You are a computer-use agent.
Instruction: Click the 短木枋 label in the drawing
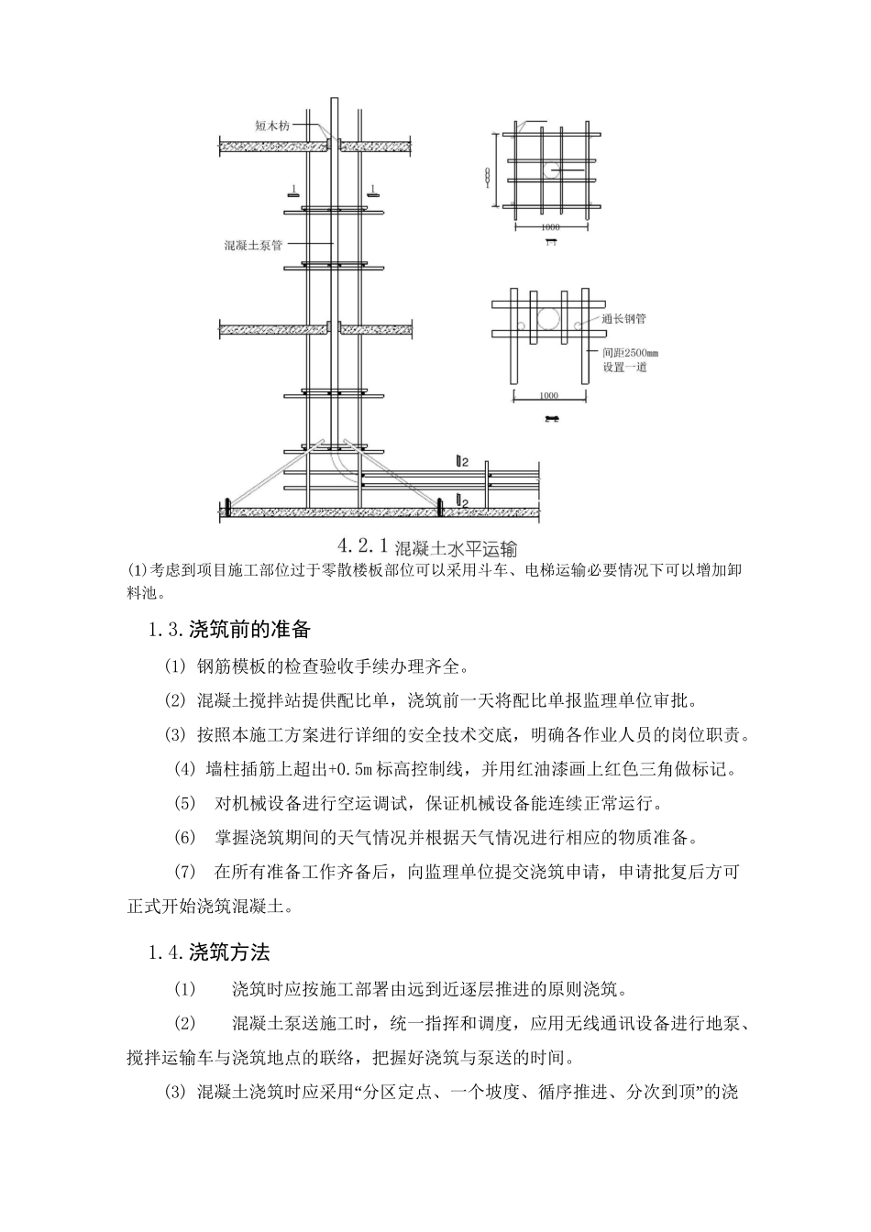click(271, 126)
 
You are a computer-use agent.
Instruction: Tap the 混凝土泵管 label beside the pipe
click(252, 246)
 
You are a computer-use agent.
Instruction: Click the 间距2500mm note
click(630, 352)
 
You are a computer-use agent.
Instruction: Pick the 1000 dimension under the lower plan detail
click(548, 396)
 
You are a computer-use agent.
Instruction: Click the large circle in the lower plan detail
click(553, 320)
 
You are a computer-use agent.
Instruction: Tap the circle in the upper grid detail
click(547, 170)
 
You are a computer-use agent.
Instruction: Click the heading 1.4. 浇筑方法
click(209, 952)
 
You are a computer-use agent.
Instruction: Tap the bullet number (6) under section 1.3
click(185, 838)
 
